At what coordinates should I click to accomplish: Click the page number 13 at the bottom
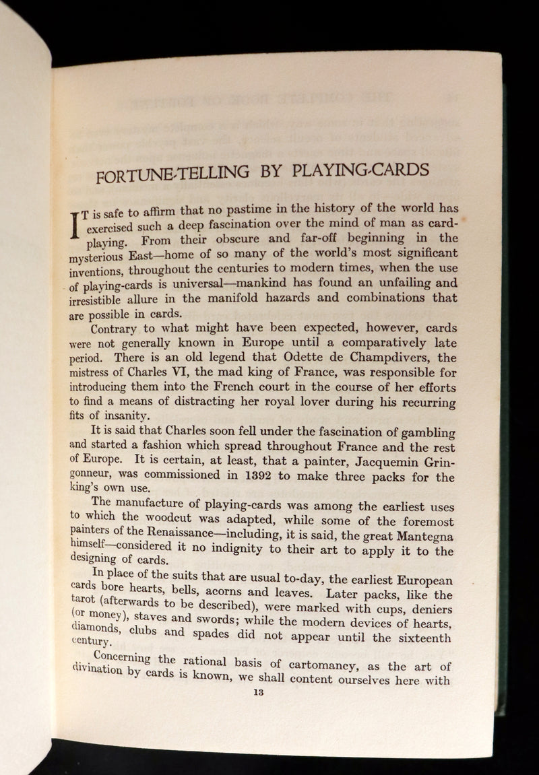(x=256, y=691)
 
